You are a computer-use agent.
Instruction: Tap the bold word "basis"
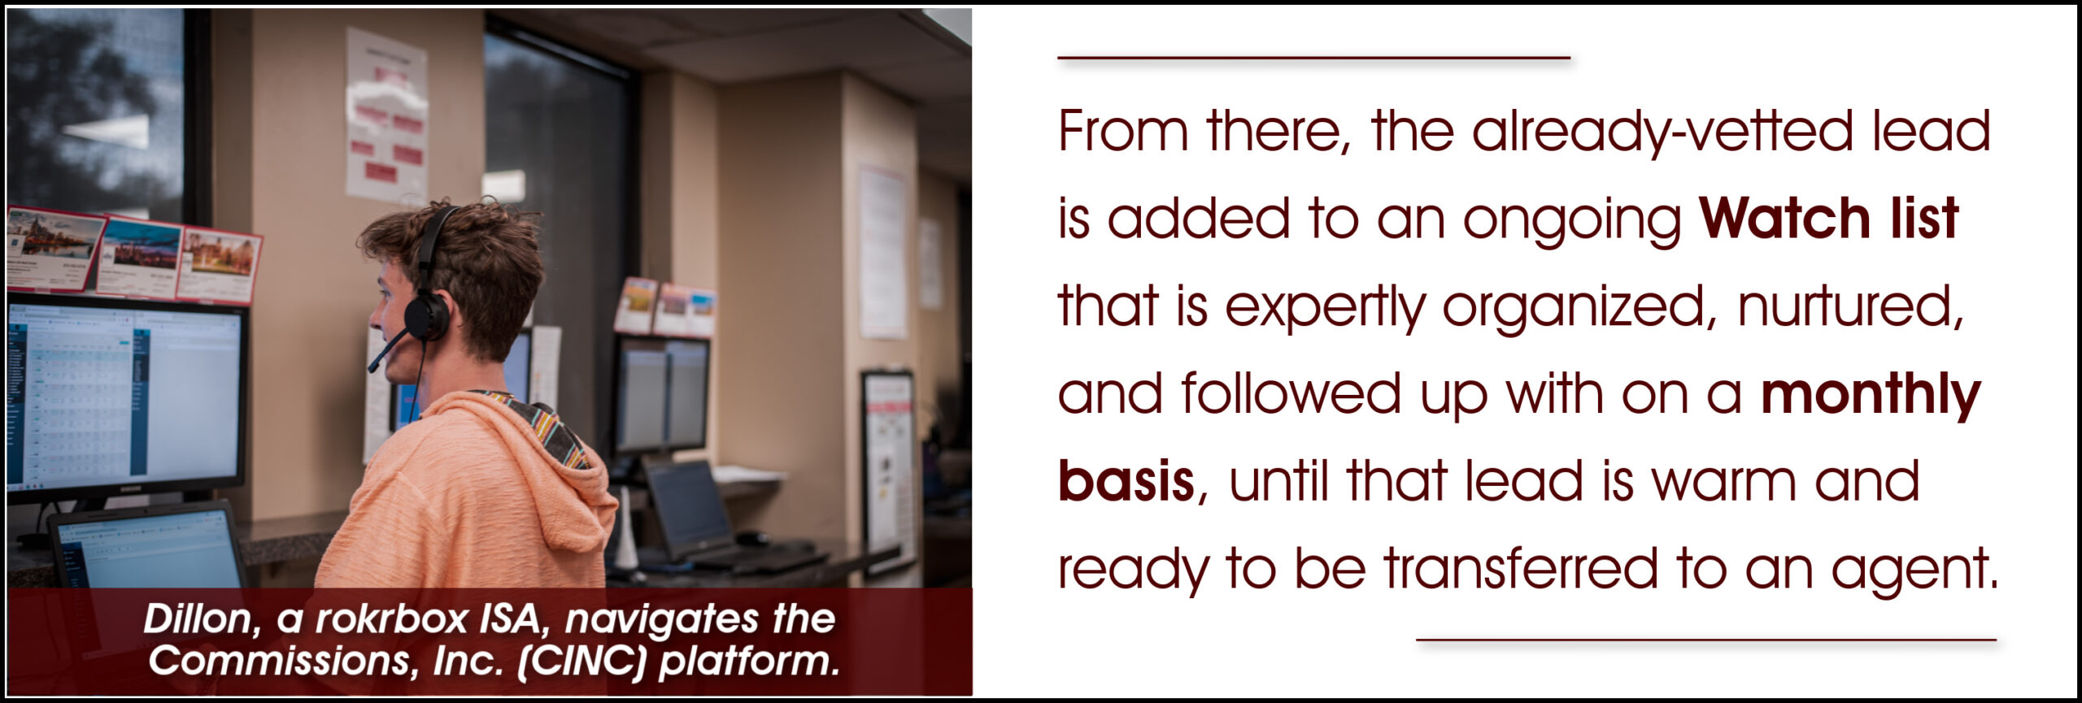click(x=1126, y=481)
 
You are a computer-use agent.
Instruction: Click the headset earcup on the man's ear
click(x=426, y=315)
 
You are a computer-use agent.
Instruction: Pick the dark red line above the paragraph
click(x=1313, y=58)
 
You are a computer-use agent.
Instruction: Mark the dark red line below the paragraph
click(x=1706, y=640)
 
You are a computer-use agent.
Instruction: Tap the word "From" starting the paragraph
click(x=1123, y=132)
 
